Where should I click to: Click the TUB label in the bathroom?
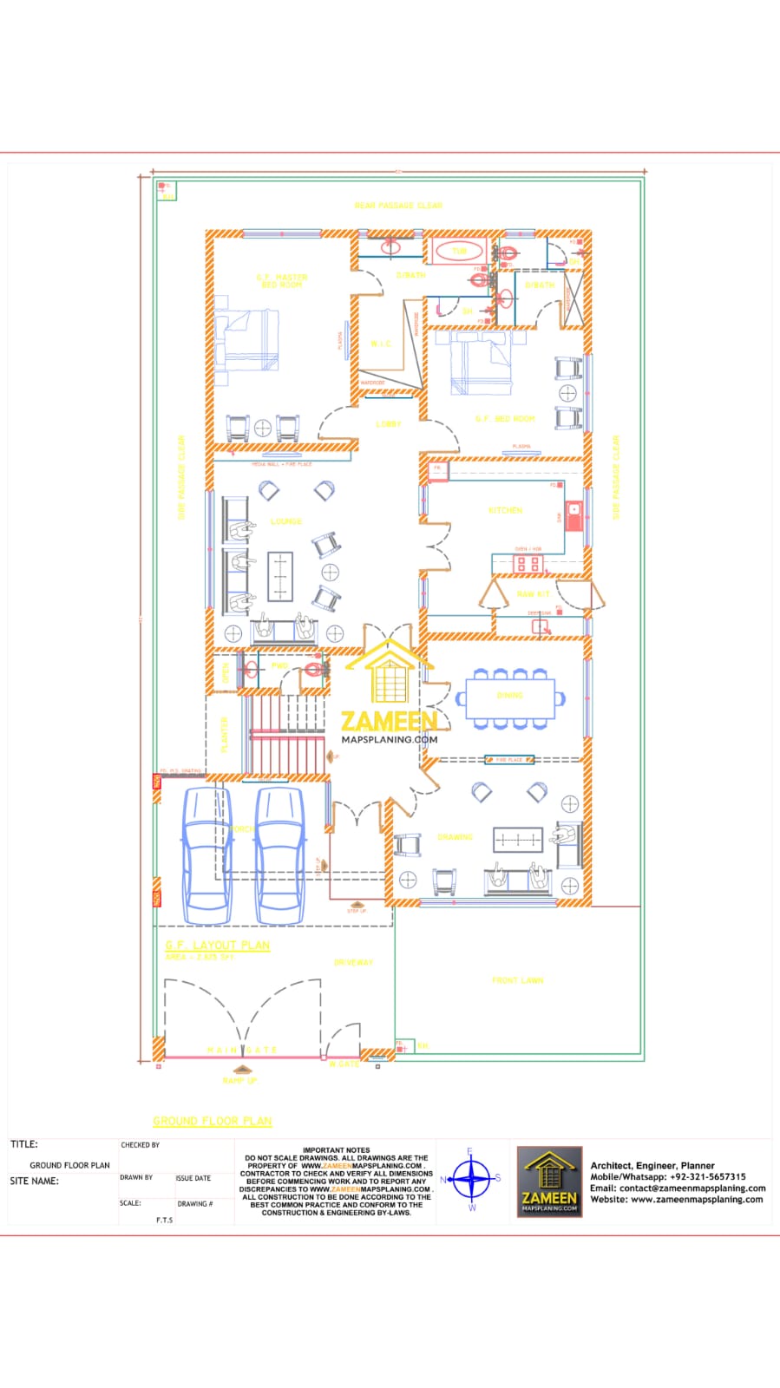(459, 252)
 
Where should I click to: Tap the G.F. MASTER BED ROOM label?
(282, 281)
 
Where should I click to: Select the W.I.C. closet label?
(381, 344)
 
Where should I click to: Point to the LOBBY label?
(389, 424)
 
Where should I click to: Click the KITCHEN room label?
(505, 510)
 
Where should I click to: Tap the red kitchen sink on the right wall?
(573, 509)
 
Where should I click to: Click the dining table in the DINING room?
(510, 697)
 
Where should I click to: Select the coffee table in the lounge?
(280, 575)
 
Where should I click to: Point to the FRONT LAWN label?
(518, 980)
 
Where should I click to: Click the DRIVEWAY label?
(353, 962)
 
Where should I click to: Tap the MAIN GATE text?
(242, 1050)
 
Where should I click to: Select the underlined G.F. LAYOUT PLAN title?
(218, 945)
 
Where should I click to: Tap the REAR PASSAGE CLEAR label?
(398, 206)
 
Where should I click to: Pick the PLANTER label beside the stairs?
(224, 734)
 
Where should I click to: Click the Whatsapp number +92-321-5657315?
(707, 1177)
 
